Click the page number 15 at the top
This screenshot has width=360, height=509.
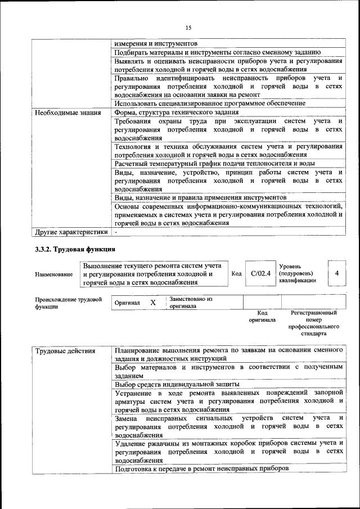(188, 28)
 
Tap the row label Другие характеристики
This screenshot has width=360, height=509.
(71, 231)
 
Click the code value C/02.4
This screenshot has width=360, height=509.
(261, 273)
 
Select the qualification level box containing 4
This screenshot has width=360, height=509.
(336, 273)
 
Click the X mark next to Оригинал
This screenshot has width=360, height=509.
(153, 303)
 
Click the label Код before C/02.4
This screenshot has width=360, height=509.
(237, 273)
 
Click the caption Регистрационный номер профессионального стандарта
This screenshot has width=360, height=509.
(313, 323)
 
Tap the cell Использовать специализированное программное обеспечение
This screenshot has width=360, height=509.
(210, 103)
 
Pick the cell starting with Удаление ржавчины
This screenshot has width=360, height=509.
(228, 452)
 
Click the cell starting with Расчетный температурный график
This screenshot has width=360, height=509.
(214, 163)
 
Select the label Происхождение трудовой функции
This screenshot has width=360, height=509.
(68, 303)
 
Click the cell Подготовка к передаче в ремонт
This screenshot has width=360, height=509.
(201, 468)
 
